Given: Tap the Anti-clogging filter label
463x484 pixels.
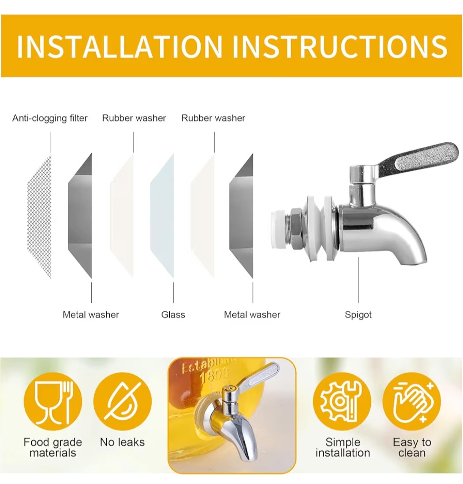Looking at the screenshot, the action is click(x=50, y=118).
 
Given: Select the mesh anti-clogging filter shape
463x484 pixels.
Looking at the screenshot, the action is click(x=39, y=216).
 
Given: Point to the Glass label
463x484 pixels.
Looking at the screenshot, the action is click(x=173, y=315).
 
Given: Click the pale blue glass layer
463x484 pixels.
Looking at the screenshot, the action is click(x=162, y=216).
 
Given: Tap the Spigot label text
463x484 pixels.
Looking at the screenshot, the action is click(x=358, y=315).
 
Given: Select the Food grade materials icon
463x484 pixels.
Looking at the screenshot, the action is click(x=53, y=401).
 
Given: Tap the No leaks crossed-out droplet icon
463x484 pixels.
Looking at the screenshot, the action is click(x=123, y=401).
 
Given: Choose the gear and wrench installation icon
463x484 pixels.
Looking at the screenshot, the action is click(x=342, y=401).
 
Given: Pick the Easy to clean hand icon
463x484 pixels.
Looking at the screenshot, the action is click(x=412, y=401).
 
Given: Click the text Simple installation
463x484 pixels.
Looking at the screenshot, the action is click(x=343, y=447).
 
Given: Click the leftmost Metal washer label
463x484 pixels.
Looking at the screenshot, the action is click(x=91, y=315).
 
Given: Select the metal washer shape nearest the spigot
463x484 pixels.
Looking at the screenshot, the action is click(x=241, y=216).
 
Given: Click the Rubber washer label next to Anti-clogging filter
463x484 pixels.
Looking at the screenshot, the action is click(x=134, y=118).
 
